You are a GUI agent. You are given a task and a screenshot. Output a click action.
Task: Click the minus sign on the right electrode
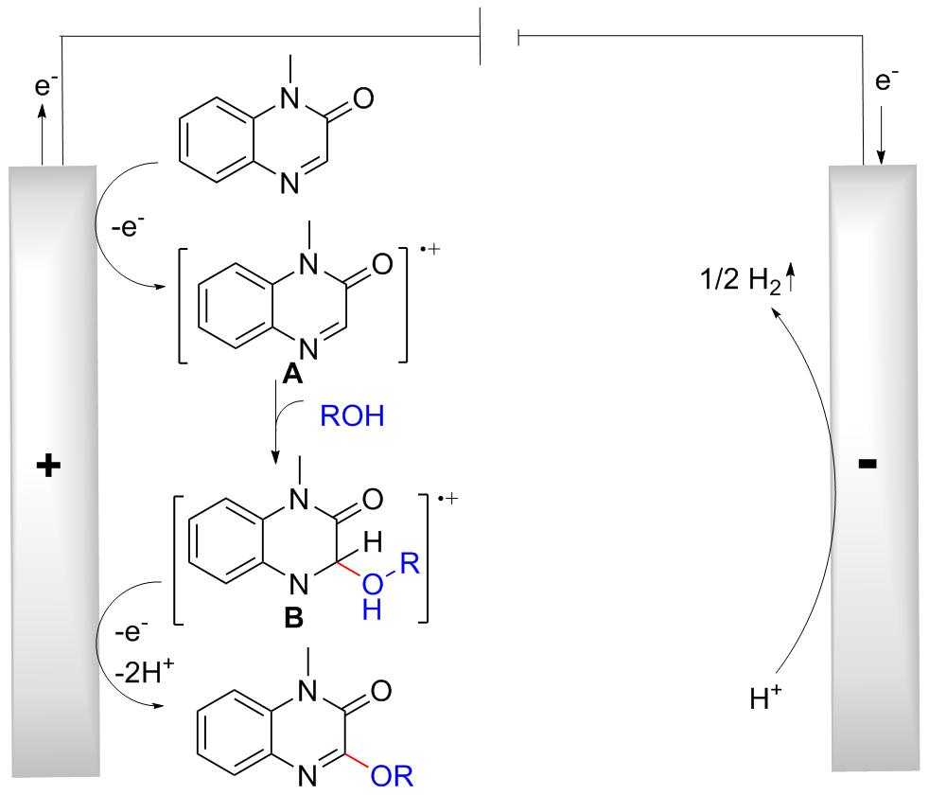point(868,464)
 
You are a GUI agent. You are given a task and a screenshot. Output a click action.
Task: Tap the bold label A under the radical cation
point(291,376)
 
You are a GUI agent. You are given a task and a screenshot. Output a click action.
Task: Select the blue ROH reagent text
point(353,417)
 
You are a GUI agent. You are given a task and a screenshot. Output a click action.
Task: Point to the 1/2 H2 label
point(735,282)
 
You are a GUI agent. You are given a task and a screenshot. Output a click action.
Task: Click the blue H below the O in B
point(374,612)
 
